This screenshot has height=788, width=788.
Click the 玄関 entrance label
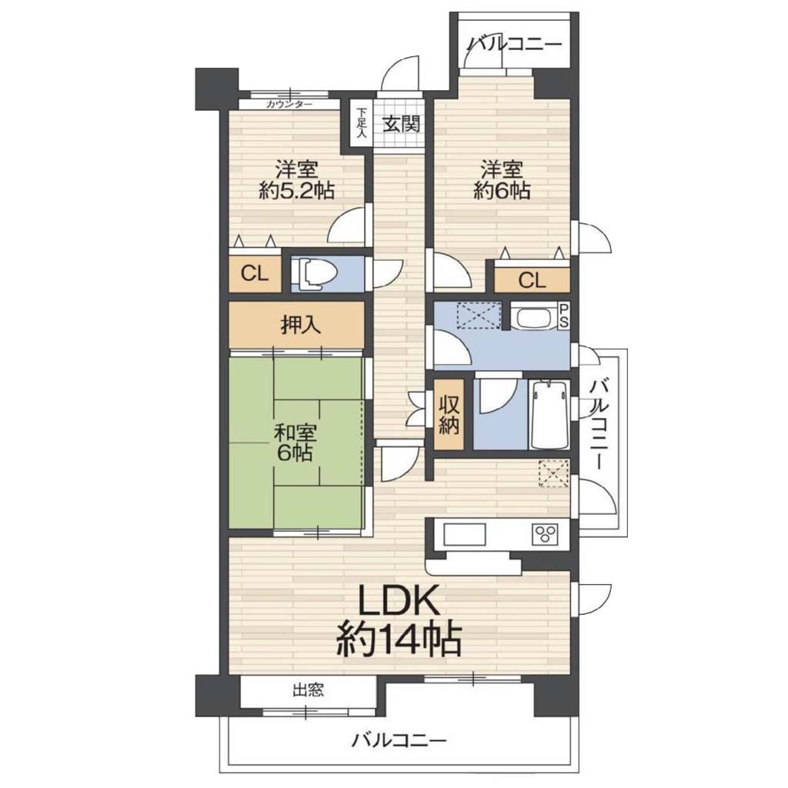tap(401, 123)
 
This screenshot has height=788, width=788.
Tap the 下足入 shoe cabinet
tap(362, 122)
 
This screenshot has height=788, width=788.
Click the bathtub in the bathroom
tap(549, 415)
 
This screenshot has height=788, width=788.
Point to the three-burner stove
tap(545, 534)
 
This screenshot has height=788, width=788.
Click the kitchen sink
tap(464, 534)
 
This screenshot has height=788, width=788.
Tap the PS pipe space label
tap(563, 316)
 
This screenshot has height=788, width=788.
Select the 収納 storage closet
tap(449, 415)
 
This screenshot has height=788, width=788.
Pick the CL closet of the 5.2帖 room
tap(255, 274)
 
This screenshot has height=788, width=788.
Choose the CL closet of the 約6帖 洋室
tap(533, 280)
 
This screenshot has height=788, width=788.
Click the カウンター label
tap(289, 105)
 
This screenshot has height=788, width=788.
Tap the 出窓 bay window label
tap(308, 690)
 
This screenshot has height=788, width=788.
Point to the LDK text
tap(399, 600)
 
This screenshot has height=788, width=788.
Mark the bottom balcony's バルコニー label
tap(399, 740)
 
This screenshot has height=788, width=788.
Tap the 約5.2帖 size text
tap(296, 191)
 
